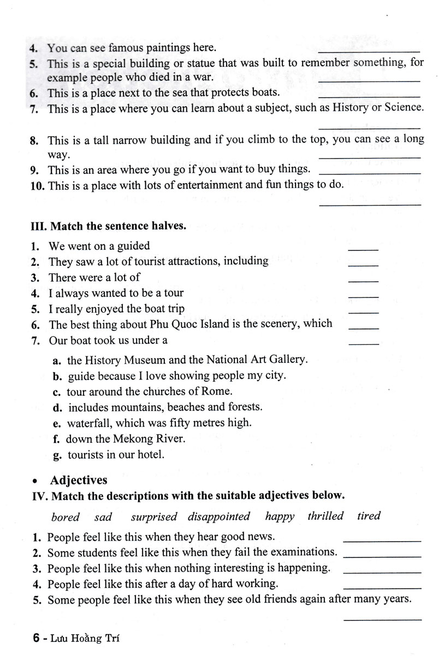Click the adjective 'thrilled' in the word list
[325, 516]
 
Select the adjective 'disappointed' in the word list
[219, 517]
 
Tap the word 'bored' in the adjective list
[65, 517]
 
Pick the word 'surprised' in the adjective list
[154, 517]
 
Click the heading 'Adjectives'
[79, 480]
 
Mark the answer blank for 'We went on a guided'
[363, 249]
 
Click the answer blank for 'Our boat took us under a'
[363, 343]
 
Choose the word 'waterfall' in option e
[88, 423]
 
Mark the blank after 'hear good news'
[382, 540]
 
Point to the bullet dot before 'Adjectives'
[35, 482]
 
